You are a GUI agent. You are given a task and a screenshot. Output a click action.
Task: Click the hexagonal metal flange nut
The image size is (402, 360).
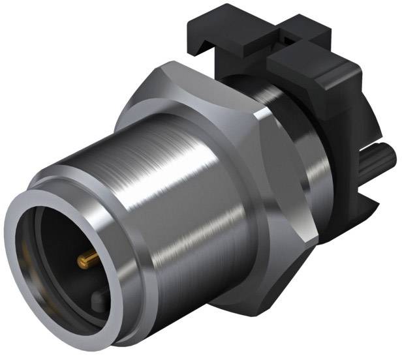[x=261, y=196]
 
